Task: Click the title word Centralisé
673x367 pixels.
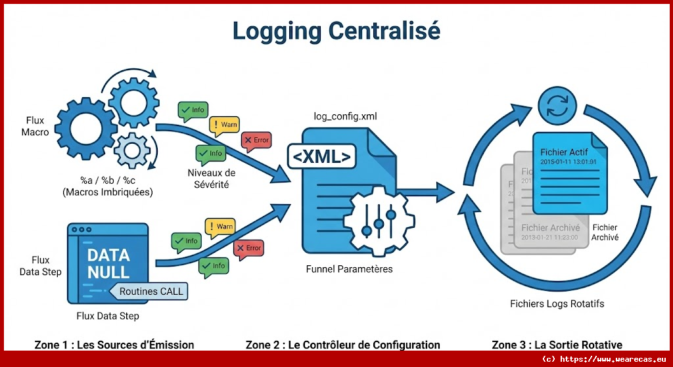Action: [384, 31]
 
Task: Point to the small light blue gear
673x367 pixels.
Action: [129, 150]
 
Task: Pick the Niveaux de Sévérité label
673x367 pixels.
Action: [211, 179]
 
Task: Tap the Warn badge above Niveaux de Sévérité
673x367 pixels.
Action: [223, 125]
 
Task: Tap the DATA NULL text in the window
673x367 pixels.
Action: [108, 263]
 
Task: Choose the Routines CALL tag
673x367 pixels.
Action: [151, 291]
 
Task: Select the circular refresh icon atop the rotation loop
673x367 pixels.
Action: [557, 107]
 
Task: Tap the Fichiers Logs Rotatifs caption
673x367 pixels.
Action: [557, 304]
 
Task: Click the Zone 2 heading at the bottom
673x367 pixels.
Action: [342, 345]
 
